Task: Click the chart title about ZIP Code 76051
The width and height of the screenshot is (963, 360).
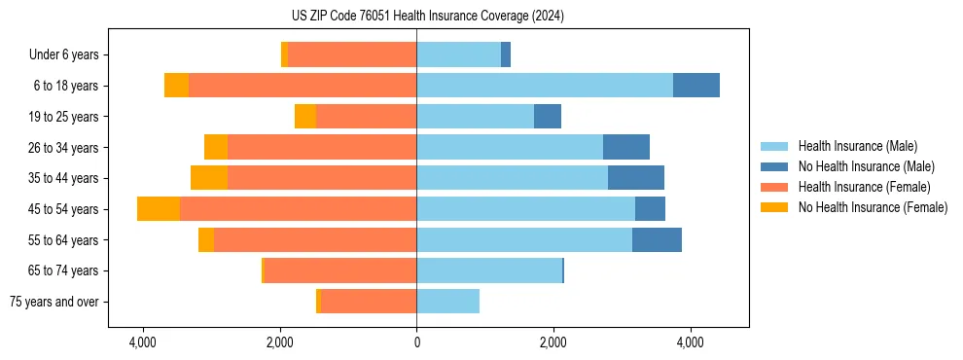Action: click(427, 17)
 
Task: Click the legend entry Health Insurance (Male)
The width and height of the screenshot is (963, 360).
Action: click(857, 146)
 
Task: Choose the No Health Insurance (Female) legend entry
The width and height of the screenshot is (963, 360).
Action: click(873, 207)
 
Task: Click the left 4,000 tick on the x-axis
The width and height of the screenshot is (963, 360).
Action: click(143, 342)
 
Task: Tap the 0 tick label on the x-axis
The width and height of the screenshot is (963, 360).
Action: click(416, 342)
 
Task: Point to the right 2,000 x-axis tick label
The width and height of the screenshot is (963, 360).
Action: click(553, 342)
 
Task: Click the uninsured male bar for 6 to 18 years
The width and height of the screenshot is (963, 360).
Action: click(696, 86)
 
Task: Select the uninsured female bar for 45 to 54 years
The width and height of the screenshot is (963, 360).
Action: click(159, 209)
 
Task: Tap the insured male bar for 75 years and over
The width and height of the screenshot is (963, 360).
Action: click(447, 302)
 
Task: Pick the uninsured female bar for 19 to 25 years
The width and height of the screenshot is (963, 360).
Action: click(305, 117)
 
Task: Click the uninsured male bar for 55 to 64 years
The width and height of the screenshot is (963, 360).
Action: click(657, 240)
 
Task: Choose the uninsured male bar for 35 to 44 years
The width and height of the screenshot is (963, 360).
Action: click(636, 178)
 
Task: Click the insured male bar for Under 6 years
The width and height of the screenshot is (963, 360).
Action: click(458, 54)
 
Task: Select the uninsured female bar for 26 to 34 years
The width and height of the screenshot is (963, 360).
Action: click(216, 147)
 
